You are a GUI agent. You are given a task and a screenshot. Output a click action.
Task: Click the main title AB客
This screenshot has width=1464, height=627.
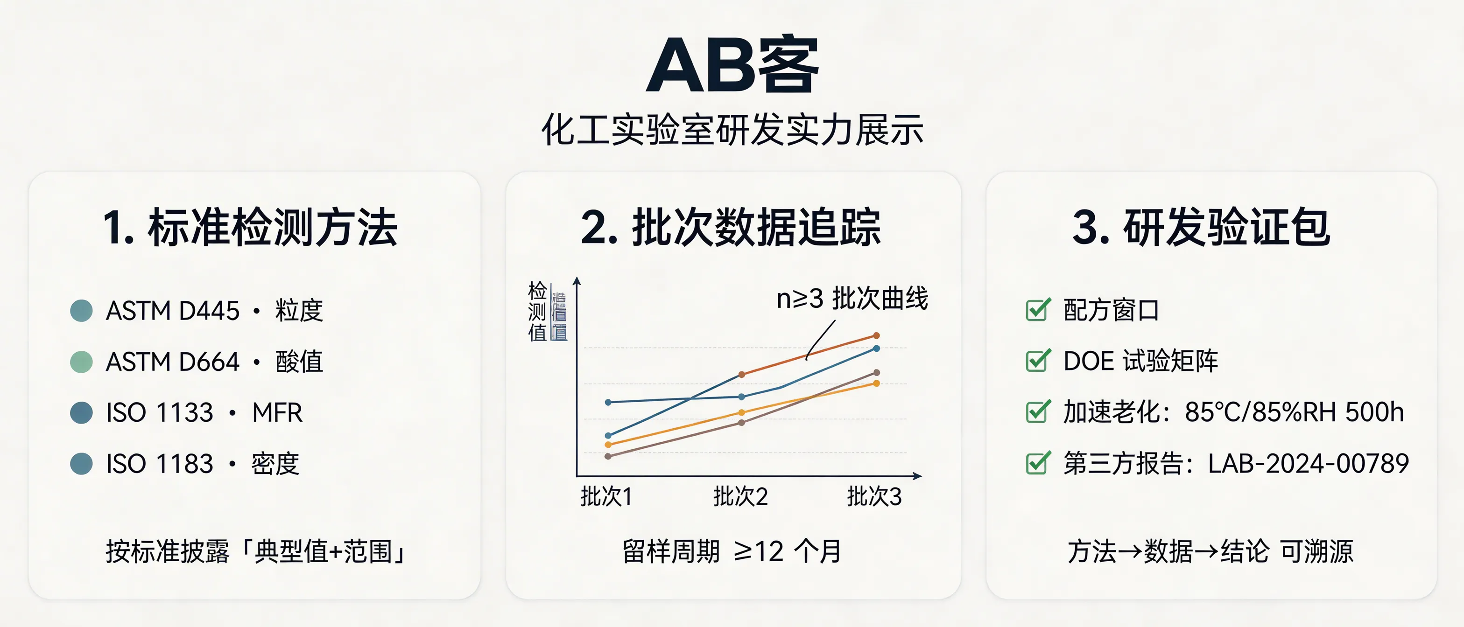pyautogui.click(x=732, y=66)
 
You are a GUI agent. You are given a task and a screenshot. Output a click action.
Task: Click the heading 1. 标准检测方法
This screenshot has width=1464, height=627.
pyautogui.click(x=250, y=227)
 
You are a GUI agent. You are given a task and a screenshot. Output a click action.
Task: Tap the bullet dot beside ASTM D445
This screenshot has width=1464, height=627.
pyautogui.click(x=81, y=311)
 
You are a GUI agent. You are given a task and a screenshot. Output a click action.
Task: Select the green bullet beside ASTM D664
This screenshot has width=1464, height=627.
pyautogui.click(x=81, y=362)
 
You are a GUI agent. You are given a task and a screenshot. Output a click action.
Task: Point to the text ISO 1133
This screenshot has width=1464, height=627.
pyautogui.click(x=160, y=412)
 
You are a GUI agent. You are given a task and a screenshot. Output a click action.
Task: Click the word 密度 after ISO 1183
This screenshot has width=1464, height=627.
pyautogui.click(x=275, y=463)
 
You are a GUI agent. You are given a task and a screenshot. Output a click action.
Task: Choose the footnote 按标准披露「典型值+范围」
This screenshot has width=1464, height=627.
pyautogui.click(x=256, y=551)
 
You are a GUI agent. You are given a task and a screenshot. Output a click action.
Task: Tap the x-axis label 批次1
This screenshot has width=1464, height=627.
pyautogui.click(x=606, y=497)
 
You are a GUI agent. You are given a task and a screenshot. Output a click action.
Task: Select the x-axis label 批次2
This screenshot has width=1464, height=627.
pyautogui.click(x=740, y=497)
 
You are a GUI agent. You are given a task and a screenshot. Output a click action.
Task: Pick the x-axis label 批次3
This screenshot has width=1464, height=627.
pyautogui.click(x=874, y=497)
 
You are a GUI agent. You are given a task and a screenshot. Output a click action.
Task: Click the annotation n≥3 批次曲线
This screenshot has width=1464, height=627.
pyautogui.click(x=852, y=299)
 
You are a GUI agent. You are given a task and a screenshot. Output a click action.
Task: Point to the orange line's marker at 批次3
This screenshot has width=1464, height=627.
pyautogui.click(x=876, y=335)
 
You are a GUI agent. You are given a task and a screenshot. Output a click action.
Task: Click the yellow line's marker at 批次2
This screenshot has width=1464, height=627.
pyautogui.click(x=742, y=412)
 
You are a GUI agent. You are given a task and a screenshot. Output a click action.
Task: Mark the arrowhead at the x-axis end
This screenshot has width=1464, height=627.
pyautogui.click(x=917, y=476)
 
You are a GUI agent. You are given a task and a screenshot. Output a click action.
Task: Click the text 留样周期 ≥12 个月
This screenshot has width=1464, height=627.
pyautogui.click(x=732, y=551)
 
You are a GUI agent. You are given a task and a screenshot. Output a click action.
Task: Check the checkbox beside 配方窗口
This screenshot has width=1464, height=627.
pyautogui.click(x=1038, y=310)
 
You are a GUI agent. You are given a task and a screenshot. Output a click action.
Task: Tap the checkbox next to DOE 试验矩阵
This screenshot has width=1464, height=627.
pyautogui.click(x=1038, y=361)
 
